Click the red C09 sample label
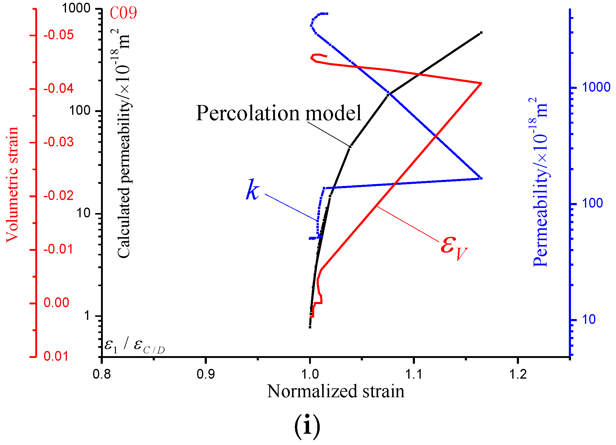point(123,13)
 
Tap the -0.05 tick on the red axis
point(58,35)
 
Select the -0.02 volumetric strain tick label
point(58,196)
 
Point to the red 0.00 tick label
point(57,303)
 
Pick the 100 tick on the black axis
point(80,110)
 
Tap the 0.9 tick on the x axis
point(206,374)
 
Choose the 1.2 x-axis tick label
point(517,374)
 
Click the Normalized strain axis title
point(336,391)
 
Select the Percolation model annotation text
point(278,113)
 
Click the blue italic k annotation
point(252,190)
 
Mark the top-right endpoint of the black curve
point(481,33)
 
